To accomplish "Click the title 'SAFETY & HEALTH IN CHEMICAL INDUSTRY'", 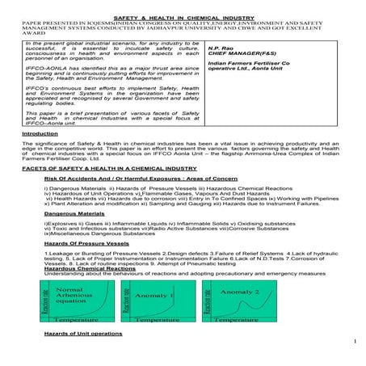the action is tap(182, 5).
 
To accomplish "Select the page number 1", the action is tap(354, 345).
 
